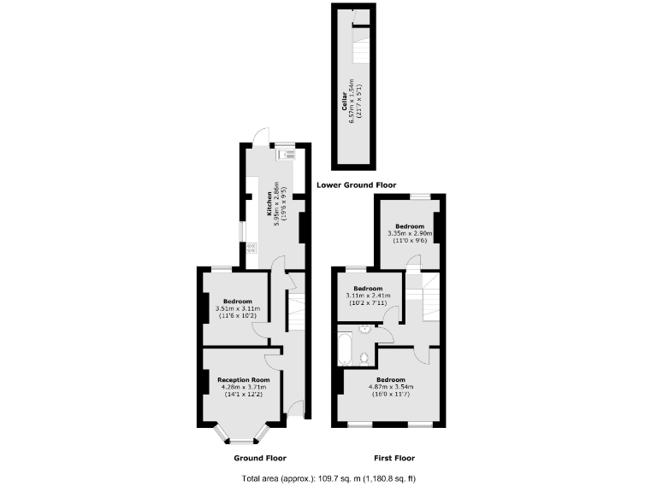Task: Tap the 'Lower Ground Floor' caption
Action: (356, 184)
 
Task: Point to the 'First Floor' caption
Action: (394, 458)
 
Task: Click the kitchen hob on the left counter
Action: (252, 249)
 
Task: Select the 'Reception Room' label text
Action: (244, 380)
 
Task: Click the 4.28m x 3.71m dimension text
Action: (244, 388)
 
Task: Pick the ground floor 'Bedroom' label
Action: (237, 302)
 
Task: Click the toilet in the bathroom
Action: (365, 355)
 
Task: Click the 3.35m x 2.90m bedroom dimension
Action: (410, 233)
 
